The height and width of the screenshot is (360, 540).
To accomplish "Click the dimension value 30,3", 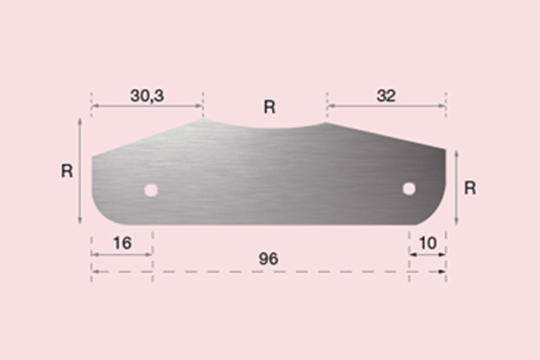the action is (147, 95).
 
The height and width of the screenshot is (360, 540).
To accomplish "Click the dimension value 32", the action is (386, 95).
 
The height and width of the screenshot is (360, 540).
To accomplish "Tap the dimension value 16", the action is (122, 243).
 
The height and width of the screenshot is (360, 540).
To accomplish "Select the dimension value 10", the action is (427, 243).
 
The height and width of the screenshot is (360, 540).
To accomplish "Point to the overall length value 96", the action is (268, 259).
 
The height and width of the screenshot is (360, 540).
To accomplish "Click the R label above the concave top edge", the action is (269, 107).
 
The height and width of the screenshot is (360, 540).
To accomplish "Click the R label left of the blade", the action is (67, 171).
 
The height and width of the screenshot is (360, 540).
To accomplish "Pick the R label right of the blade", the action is (470, 188).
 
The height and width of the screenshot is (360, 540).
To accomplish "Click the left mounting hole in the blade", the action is (151, 190).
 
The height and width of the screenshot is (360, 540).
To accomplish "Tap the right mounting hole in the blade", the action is (409, 189).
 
